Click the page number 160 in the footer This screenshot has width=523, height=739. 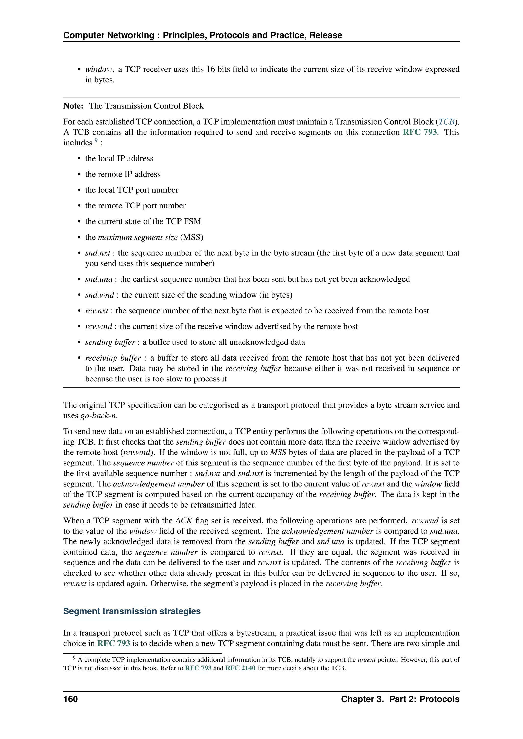tap(70, 699)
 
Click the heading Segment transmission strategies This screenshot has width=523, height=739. tap(132, 611)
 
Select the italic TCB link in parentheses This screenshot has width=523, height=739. tap(446, 122)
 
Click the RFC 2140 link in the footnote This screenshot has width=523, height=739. tap(240, 668)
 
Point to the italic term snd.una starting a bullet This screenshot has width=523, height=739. tap(99, 279)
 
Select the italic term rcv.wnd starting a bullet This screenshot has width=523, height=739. tap(99, 327)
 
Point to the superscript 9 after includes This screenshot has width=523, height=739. tap(96, 140)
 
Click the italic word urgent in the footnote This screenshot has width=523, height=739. tap(366, 660)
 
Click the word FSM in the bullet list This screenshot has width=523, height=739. tap(193, 221)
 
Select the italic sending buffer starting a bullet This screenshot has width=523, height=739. tap(110, 342)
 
